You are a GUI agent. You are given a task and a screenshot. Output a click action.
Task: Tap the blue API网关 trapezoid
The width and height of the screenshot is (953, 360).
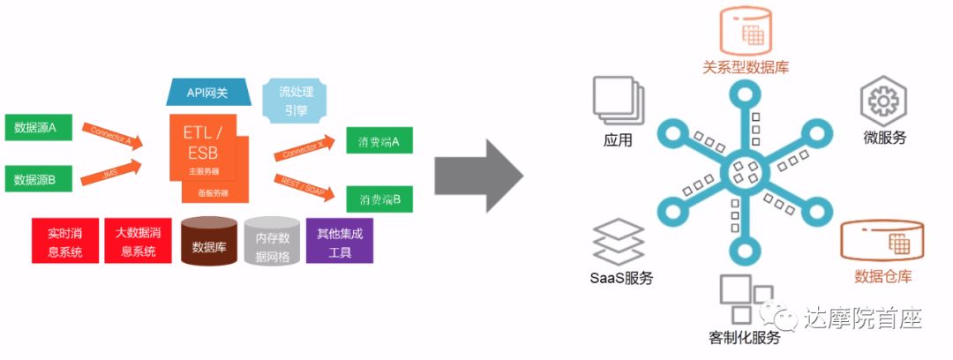coord(207,93)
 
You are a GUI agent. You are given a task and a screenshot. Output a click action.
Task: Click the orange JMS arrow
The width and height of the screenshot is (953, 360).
coord(111,174)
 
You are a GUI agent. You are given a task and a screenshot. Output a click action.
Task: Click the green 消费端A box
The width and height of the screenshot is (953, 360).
coord(379,140)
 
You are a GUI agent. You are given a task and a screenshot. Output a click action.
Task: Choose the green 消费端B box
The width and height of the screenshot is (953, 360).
coord(379,199)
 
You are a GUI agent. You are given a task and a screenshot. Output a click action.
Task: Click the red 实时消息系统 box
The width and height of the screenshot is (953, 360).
coord(64,241)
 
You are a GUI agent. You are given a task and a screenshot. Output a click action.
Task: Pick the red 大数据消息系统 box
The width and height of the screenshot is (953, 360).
coord(137,241)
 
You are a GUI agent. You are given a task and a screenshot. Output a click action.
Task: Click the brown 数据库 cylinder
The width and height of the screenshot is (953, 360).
coord(208,242)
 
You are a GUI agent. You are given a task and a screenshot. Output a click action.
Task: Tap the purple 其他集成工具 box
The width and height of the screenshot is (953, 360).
coord(340,241)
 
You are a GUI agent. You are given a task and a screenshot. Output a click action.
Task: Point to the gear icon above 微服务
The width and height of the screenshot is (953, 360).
coord(882,102)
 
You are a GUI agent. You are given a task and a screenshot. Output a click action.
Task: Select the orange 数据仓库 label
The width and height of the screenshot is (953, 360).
coord(883,277)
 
